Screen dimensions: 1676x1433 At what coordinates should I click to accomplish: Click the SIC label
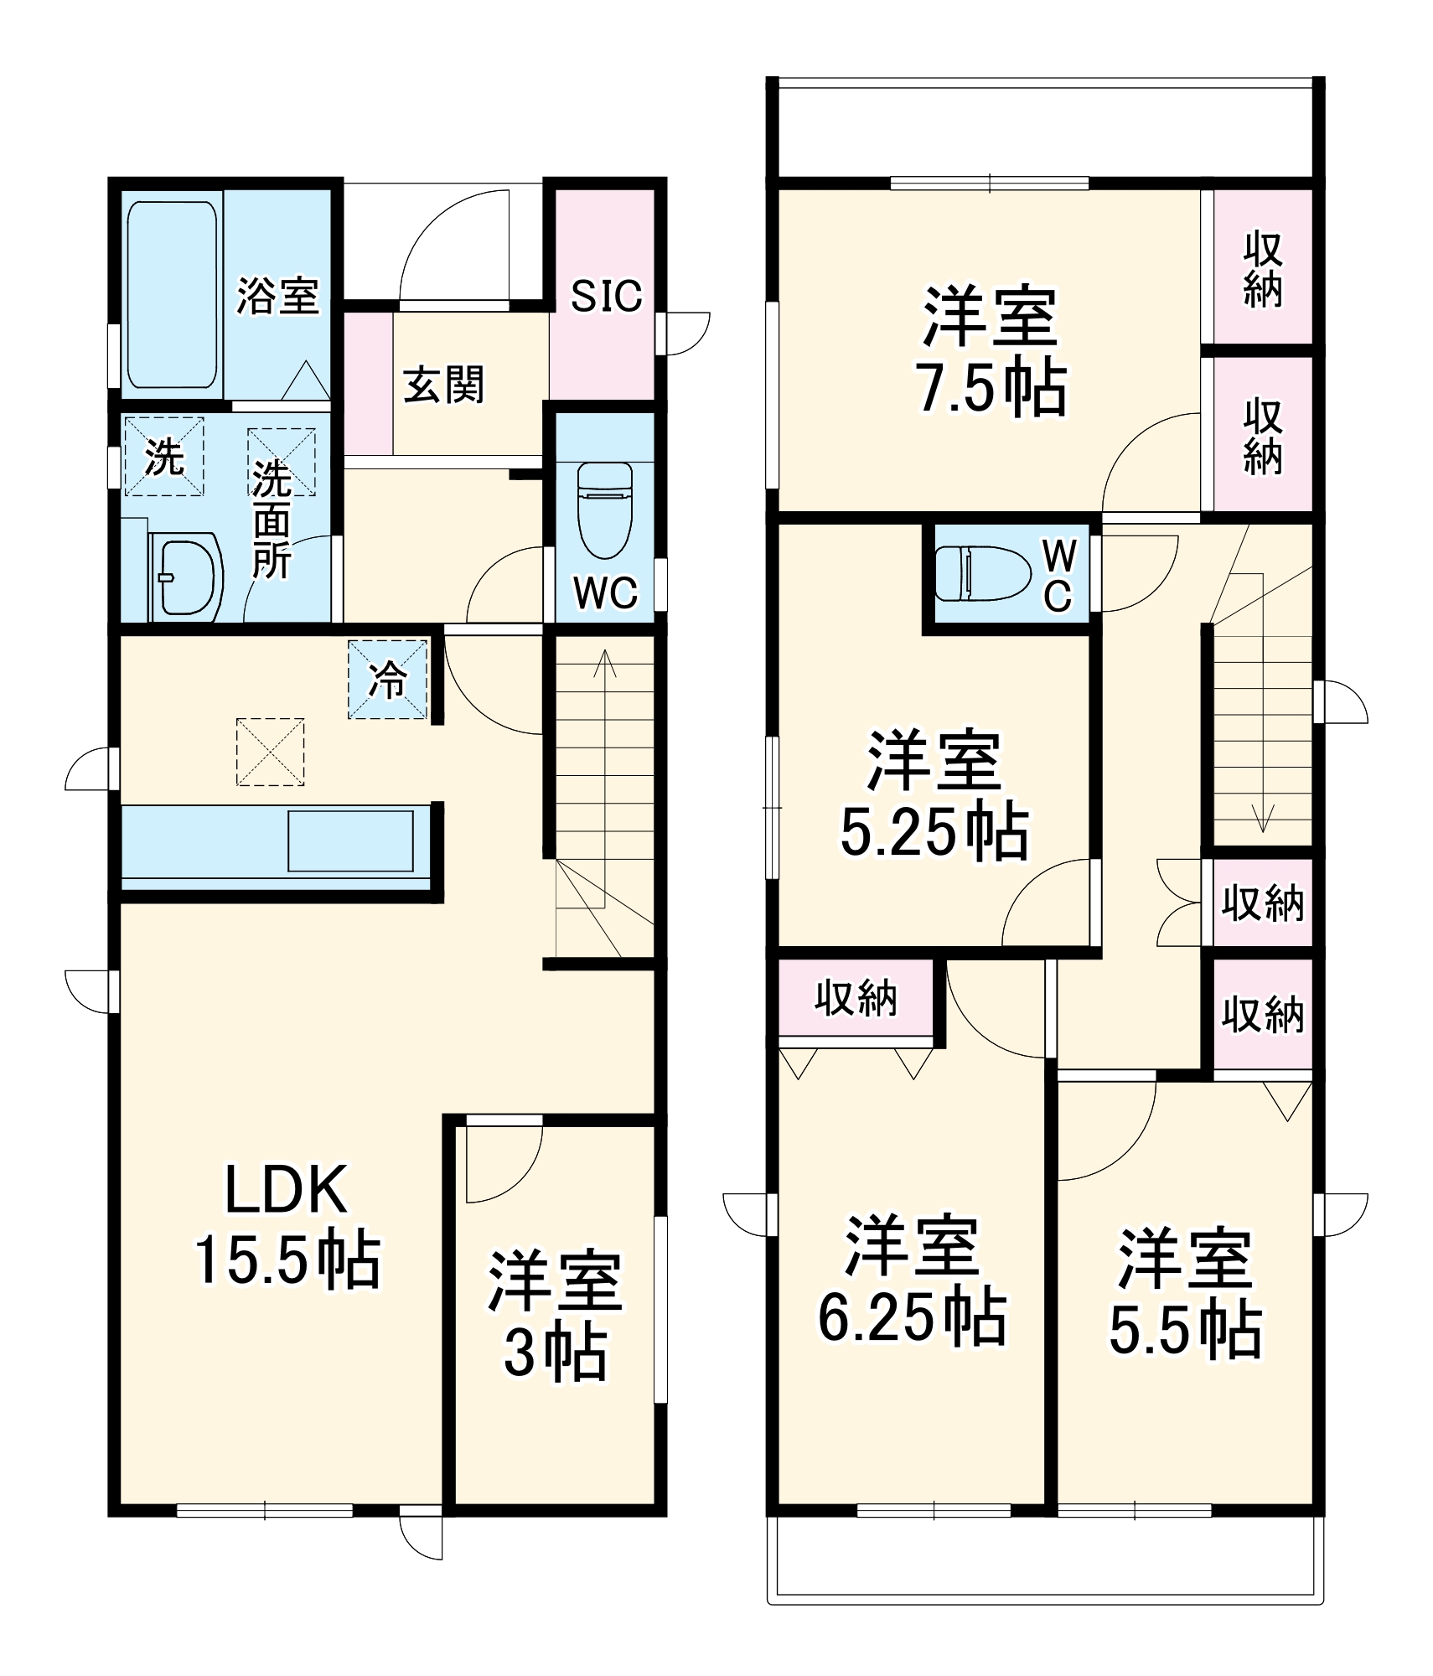tap(606, 296)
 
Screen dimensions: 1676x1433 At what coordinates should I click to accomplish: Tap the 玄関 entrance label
tap(444, 385)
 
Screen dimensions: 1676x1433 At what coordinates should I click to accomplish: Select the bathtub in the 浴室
tap(172, 294)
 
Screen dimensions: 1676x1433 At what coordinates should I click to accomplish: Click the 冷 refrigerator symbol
tap(388, 680)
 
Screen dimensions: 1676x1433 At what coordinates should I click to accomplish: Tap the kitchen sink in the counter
tap(350, 841)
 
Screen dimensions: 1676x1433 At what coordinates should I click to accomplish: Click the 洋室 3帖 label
tap(555, 1315)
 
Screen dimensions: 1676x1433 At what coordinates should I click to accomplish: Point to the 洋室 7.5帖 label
tap(991, 352)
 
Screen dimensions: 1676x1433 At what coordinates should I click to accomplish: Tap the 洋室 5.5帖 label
tap(1185, 1291)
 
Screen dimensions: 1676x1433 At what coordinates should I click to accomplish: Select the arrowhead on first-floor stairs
tap(604, 662)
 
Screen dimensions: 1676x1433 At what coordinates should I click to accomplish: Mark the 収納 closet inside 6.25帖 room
tap(856, 998)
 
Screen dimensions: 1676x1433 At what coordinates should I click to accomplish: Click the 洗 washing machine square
tap(164, 457)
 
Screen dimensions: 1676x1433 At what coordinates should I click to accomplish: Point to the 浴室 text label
tap(277, 296)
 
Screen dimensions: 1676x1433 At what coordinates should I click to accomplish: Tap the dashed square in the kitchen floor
tap(270, 752)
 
